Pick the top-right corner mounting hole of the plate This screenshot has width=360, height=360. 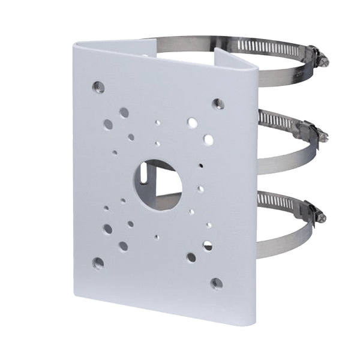click(214, 103)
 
